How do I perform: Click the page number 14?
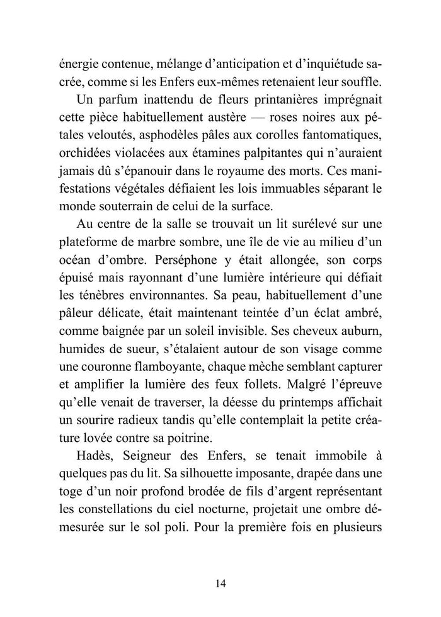tap(220, 582)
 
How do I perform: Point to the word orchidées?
tap(86, 154)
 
